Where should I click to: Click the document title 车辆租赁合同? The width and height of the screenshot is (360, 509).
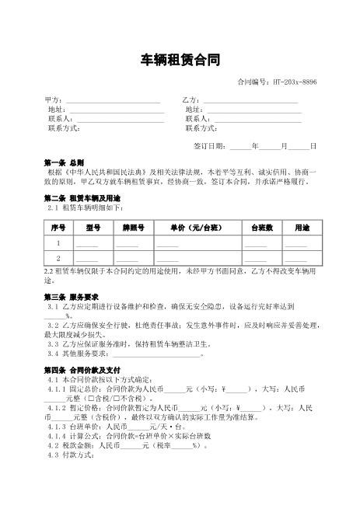(x=180, y=60)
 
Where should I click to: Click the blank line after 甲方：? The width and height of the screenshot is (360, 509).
(x=113, y=101)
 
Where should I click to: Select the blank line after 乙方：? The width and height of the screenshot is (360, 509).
(x=250, y=101)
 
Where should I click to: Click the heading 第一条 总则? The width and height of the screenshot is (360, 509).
(x=65, y=162)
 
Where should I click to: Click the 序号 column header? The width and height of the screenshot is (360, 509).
(x=58, y=228)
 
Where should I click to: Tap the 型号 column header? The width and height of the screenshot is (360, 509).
(x=93, y=228)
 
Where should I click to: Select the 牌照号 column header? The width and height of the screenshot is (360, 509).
(x=133, y=228)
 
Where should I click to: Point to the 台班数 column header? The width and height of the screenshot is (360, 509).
(x=260, y=228)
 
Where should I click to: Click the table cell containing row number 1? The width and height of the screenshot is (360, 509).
(x=58, y=243)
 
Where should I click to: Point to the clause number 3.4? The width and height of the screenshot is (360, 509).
(x=53, y=353)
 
